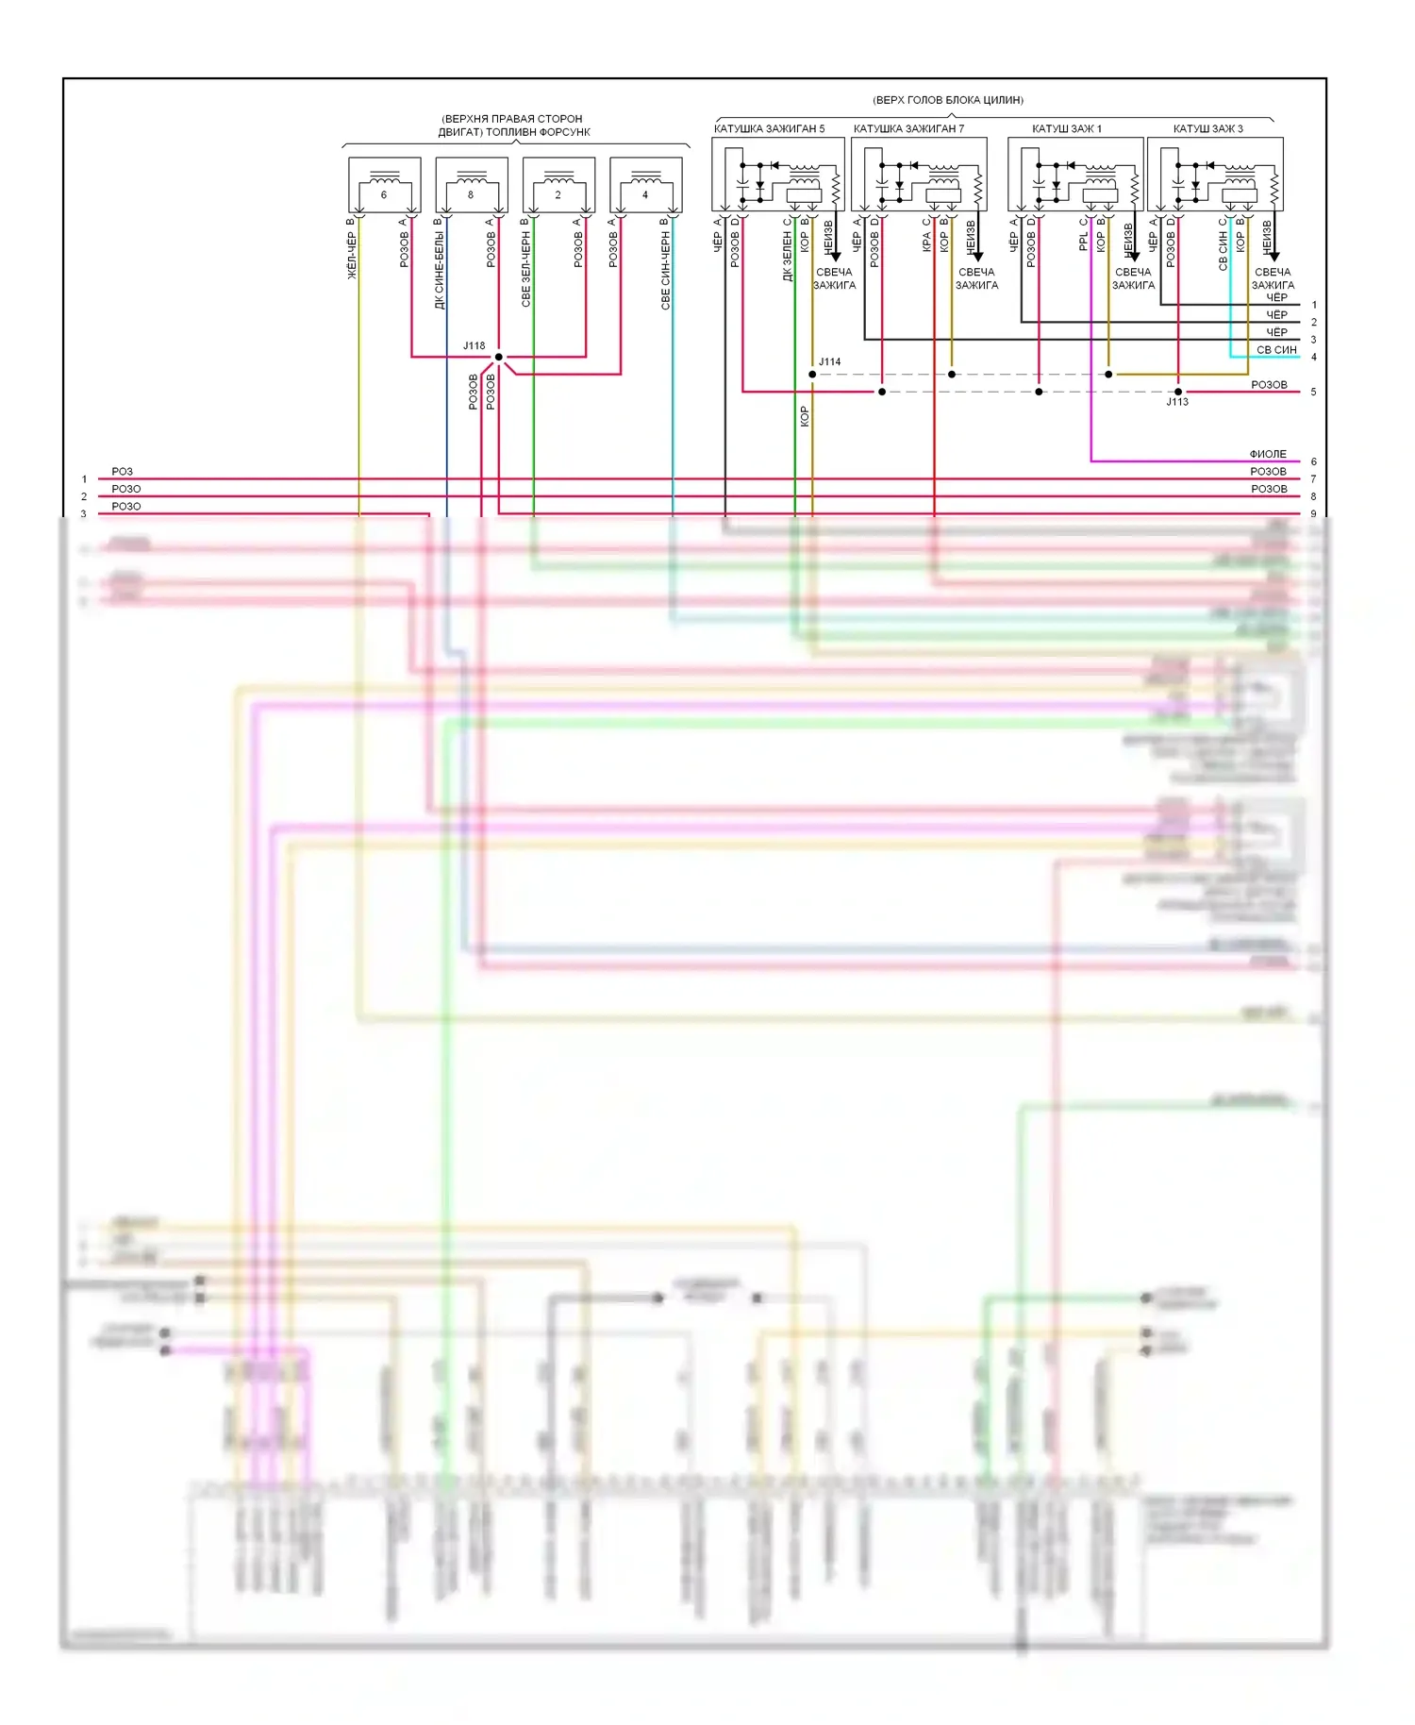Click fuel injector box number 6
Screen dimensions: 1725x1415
pyautogui.click(x=384, y=185)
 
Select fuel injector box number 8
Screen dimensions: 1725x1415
pyautogui.click(x=471, y=185)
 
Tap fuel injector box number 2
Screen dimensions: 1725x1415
pyautogui.click(x=558, y=185)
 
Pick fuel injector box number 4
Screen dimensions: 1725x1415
pyautogui.click(x=645, y=185)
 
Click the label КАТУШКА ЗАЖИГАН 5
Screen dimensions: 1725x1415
pyautogui.click(x=769, y=129)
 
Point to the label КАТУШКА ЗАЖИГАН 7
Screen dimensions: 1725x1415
pyautogui.click(x=908, y=129)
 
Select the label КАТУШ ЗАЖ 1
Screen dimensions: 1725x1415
pyautogui.click(x=1066, y=129)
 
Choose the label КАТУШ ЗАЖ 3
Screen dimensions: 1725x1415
pyautogui.click(x=1207, y=129)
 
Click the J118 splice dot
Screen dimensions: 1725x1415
pyautogui.click(x=499, y=357)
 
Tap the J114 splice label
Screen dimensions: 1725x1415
pyautogui.click(x=829, y=362)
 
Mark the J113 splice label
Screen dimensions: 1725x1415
pyautogui.click(x=1177, y=403)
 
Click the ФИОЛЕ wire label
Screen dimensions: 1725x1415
pyautogui.click(x=1268, y=454)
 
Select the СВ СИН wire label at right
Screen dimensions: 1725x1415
pyautogui.click(x=1276, y=350)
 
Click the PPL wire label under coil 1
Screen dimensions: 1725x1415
pyautogui.click(x=1083, y=242)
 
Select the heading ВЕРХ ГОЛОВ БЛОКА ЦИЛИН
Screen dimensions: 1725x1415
pyautogui.click(x=948, y=100)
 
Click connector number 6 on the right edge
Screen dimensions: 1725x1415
pyautogui.click(x=1313, y=462)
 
